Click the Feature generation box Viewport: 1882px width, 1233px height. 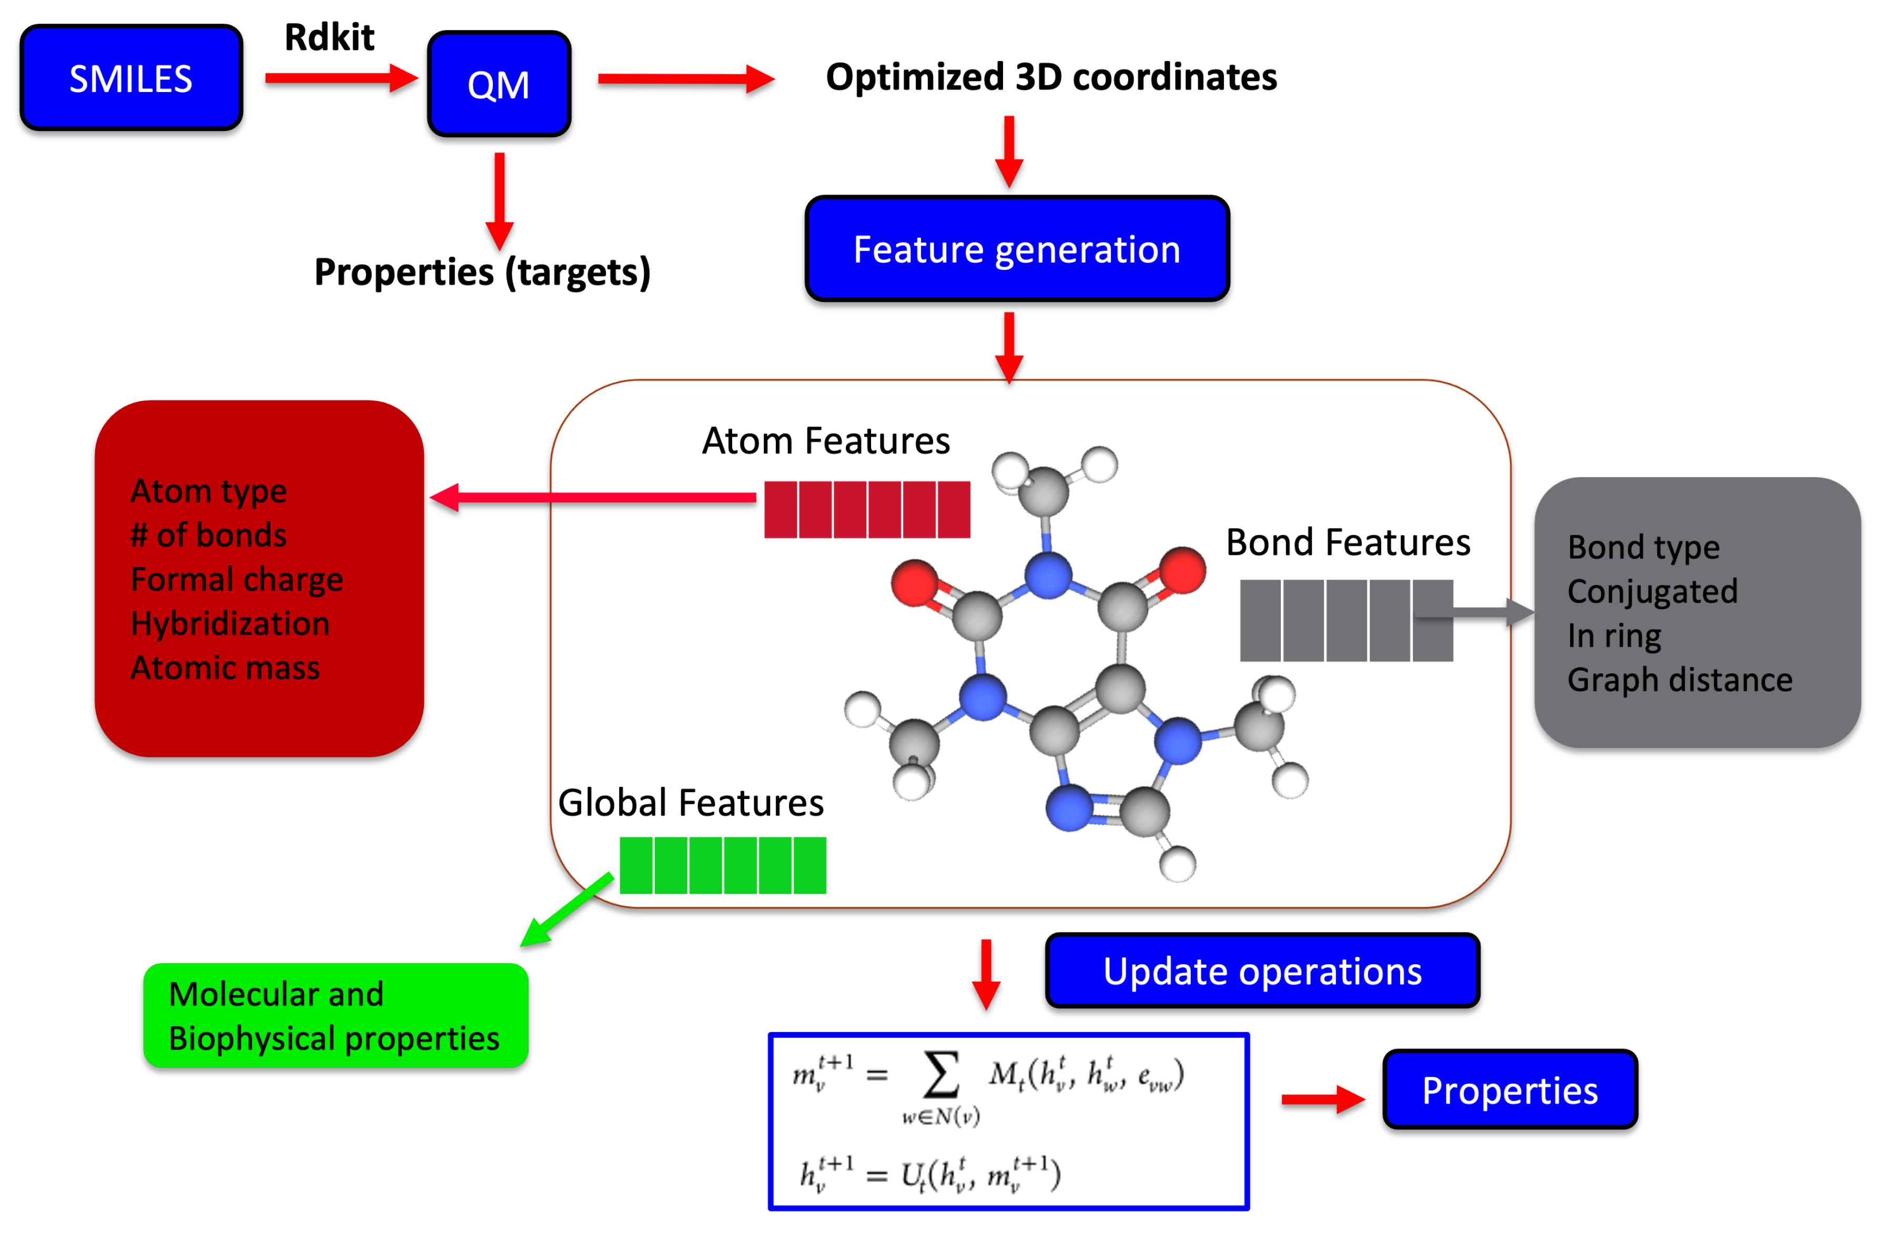coord(1017,249)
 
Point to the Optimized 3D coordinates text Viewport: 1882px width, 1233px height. coord(1051,77)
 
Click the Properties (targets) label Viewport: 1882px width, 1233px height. coord(482,272)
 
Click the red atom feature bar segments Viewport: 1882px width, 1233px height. coord(867,509)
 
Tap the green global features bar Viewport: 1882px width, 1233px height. coord(723,865)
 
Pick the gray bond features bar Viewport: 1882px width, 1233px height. coord(1346,620)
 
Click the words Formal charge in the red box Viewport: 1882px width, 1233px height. coord(237,580)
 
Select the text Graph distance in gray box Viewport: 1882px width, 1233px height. coord(1679,680)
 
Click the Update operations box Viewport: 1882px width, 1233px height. coord(1262,971)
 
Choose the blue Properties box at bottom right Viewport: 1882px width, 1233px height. coord(1510,1090)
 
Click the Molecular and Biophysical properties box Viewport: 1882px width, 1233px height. coord(335,1016)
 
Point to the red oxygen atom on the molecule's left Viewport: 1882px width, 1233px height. coord(915,583)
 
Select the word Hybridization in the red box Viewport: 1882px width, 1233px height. coord(230,624)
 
